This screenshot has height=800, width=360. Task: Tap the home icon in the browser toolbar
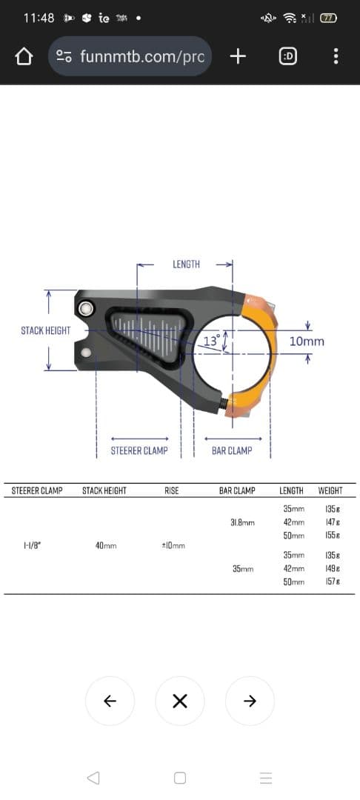point(24,56)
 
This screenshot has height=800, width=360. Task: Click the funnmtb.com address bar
point(130,56)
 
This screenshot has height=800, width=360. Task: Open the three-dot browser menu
point(336,56)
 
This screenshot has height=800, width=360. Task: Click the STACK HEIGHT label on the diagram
point(46,330)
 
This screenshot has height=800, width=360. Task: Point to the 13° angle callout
point(211,341)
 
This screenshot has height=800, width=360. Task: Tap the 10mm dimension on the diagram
point(307,341)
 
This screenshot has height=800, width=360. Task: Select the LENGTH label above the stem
point(186,264)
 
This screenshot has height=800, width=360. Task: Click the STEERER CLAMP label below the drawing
point(139,450)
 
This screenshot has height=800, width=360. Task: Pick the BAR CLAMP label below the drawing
point(232,450)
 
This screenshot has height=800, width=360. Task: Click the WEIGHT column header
point(330,490)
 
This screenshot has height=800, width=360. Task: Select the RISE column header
point(172,490)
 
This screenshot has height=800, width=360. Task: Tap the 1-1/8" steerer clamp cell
point(33,546)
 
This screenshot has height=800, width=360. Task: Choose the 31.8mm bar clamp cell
point(242,522)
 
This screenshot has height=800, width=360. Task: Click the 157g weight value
point(332,582)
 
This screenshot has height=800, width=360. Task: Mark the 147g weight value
point(332,522)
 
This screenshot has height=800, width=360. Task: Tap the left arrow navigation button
point(110,701)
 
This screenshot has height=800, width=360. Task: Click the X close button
point(179,701)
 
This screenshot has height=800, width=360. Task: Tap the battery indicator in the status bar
point(328,17)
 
